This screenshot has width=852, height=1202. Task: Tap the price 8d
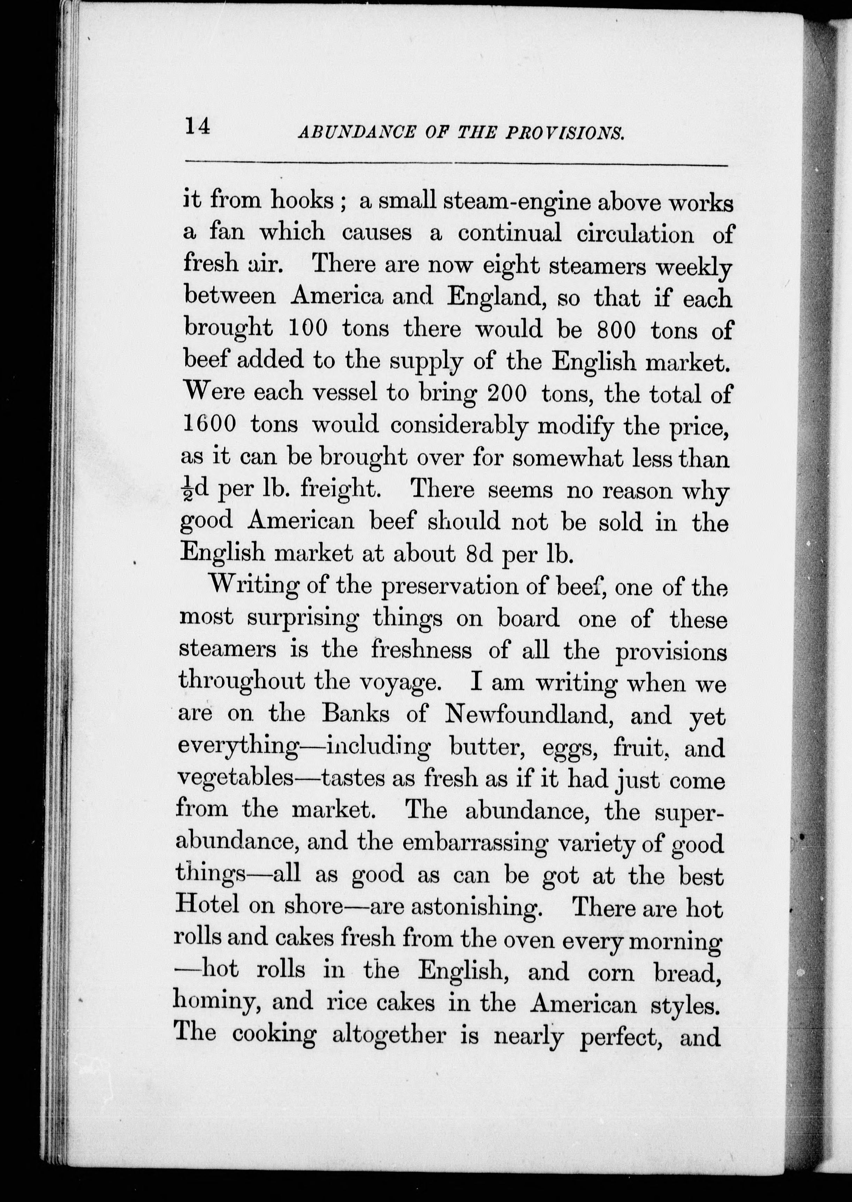[x=479, y=554]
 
